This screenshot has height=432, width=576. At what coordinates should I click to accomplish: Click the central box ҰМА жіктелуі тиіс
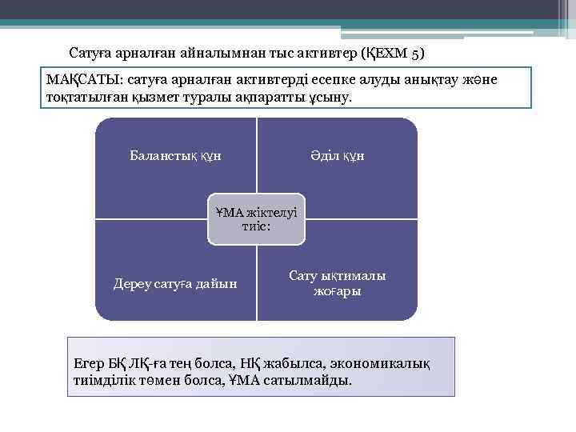coord(256,218)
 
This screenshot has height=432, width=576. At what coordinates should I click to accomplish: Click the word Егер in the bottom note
coord(89,363)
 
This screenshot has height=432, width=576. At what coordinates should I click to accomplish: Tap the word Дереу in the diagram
coord(134,283)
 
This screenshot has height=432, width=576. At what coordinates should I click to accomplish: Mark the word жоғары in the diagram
coord(337,291)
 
